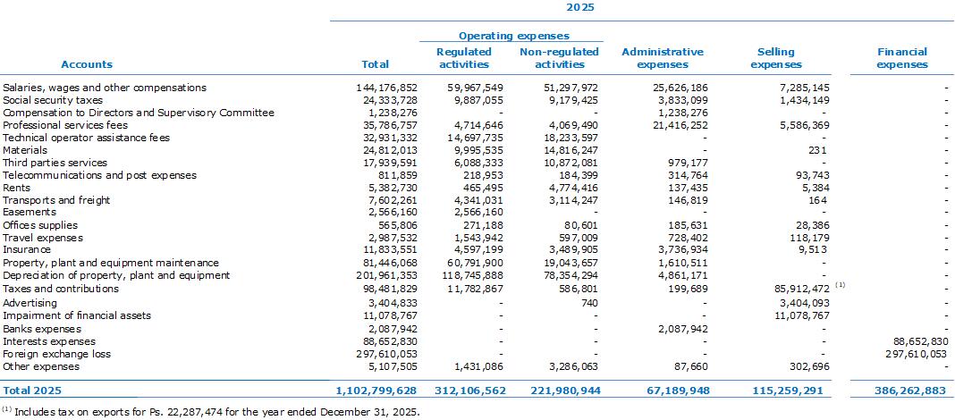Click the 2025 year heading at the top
click(x=579, y=7)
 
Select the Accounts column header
click(x=87, y=64)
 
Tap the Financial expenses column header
click(x=902, y=58)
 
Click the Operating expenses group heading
click(x=513, y=37)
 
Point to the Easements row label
click(x=30, y=213)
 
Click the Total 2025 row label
click(x=32, y=391)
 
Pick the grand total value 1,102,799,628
click(x=376, y=391)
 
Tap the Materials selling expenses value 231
click(x=818, y=150)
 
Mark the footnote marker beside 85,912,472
click(x=840, y=284)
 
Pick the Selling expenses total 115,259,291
click(x=790, y=391)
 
